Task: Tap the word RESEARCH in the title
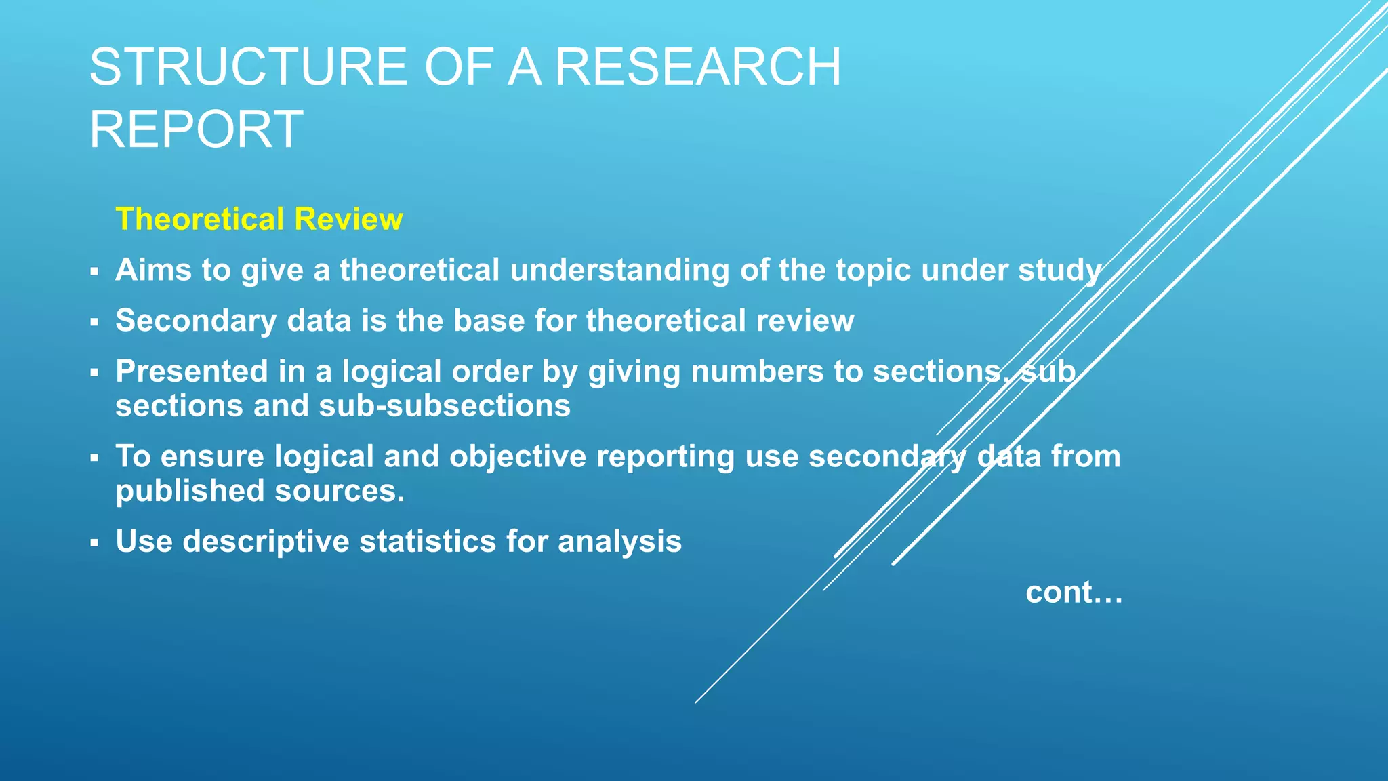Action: [x=697, y=67]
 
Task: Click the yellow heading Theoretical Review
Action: [x=259, y=219]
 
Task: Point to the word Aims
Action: [x=153, y=270]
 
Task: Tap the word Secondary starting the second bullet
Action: [x=196, y=321]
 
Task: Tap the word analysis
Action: [x=619, y=542]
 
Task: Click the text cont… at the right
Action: [x=1074, y=593]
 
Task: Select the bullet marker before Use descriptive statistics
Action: [x=94, y=543]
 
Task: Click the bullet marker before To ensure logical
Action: [x=94, y=458]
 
